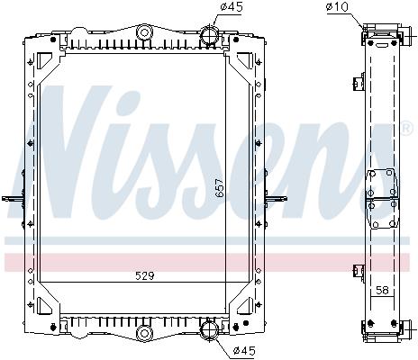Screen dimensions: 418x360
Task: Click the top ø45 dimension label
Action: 231,6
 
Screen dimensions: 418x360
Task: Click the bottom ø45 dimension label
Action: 244,350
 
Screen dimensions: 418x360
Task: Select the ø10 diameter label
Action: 337,6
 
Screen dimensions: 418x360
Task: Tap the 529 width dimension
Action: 144,275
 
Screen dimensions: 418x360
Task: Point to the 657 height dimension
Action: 220,187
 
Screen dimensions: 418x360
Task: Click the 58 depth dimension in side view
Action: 382,290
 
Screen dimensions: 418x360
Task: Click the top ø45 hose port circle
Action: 209,34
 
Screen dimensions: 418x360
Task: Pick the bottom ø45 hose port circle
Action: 209,329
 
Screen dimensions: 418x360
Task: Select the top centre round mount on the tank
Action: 144,32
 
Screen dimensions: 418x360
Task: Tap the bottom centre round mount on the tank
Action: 144,333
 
